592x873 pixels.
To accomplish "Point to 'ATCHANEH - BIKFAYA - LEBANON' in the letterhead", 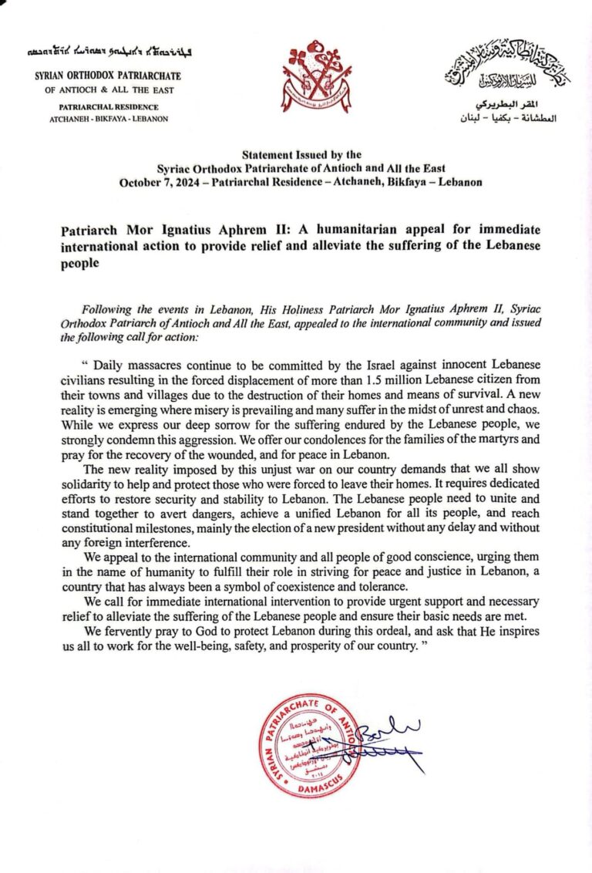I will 98,119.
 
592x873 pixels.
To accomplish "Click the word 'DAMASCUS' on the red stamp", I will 312,789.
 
